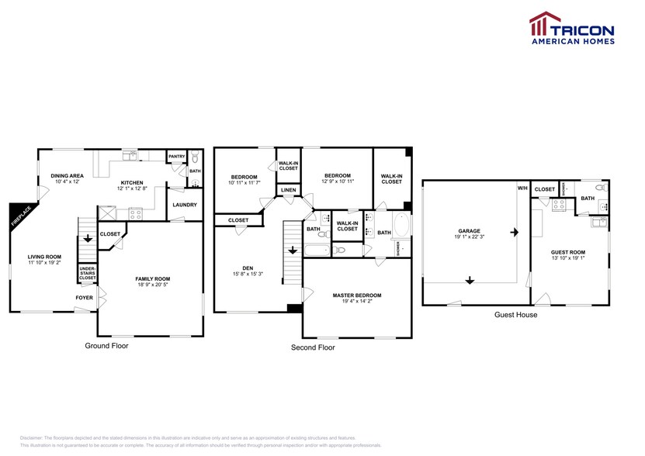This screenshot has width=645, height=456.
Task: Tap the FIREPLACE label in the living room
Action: click(16, 216)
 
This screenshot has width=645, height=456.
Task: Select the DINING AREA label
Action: click(68, 176)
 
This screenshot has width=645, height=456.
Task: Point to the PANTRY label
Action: click(177, 157)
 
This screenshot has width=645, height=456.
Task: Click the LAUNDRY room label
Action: click(185, 205)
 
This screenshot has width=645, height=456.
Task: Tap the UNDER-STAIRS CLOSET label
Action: click(85, 275)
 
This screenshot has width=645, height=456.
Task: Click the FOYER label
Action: click(84, 297)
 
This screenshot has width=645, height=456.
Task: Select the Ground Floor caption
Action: click(106, 346)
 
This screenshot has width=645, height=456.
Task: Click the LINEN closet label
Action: click(288, 190)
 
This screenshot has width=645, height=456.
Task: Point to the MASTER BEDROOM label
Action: click(356, 295)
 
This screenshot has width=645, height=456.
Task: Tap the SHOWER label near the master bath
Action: click(399, 248)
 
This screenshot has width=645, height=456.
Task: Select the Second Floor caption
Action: click(313, 347)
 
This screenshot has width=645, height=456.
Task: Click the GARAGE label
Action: click(469, 230)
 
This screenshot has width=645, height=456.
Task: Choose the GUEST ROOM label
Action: click(568, 253)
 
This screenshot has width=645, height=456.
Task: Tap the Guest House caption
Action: click(515, 315)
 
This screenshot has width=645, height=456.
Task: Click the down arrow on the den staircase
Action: click(292, 250)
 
